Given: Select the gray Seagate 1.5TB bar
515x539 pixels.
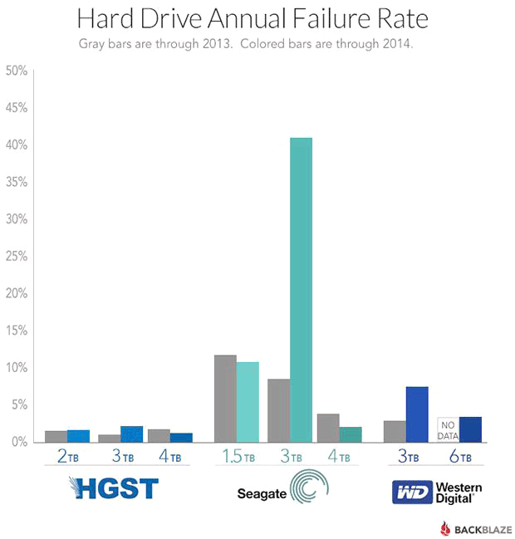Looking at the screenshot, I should pyautogui.click(x=225, y=399).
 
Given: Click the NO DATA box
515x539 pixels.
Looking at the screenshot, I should pyautogui.click(x=449, y=429).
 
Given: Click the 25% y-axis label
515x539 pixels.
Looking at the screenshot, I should pyautogui.click(x=17, y=257).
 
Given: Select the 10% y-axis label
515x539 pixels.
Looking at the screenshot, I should pyautogui.click(x=17, y=368).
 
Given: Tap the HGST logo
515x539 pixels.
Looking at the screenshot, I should pyautogui.click(x=114, y=488).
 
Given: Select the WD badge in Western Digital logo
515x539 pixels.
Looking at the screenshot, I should pyautogui.click(x=412, y=492).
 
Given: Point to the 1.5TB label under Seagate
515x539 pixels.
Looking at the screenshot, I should pyautogui.click(x=238, y=456).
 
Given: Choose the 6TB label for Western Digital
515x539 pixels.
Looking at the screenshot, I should pyautogui.click(x=459, y=456).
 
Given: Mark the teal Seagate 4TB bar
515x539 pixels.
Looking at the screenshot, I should pyautogui.click(x=351, y=434).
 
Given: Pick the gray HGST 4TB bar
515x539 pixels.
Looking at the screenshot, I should pyautogui.click(x=159, y=435).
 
